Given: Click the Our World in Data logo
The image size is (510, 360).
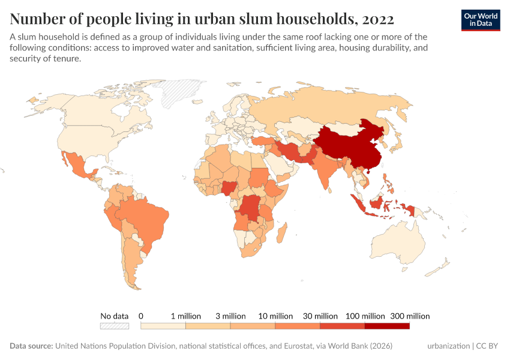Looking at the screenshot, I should pyautogui.click(x=480, y=20).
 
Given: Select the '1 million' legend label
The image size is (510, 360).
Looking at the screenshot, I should pyautogui.click(x=185, y=316).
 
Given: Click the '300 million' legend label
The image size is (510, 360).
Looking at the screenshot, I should pyautogui.click(x=410, y=316).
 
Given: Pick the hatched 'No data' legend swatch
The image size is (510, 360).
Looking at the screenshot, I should pyautogui.click(x=114, y=326).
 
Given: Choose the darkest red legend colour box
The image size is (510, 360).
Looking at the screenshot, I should pyautogui.click(x=387, y=326).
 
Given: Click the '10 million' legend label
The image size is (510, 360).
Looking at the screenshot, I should pyautogui.click(x=275, y=316).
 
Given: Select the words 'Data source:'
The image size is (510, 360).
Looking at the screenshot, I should pyautogui.click(x=31, y=346).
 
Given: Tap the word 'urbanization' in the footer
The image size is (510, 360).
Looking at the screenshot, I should pyautogui.click(x=448, y=346).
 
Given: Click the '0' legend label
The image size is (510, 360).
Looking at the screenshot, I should pyautogui.click(x=141, y=316).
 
